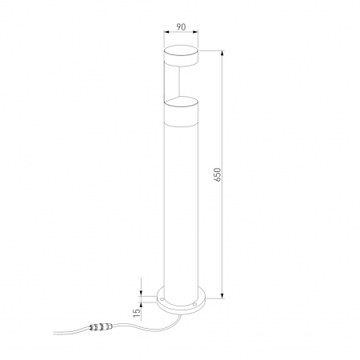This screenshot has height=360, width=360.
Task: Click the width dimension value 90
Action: coord(181,27)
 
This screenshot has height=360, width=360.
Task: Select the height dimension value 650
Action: coord(218,174)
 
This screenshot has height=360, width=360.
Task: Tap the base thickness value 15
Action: coord(137,313)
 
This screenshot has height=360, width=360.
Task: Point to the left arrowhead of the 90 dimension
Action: coord(166,32)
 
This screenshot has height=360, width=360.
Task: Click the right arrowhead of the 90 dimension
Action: coord(195,32)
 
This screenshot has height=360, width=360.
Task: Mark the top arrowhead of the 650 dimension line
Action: coord(222,53)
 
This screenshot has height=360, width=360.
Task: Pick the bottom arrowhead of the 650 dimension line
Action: coord(222,295)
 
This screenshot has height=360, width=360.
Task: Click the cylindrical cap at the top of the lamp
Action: coord(181,56)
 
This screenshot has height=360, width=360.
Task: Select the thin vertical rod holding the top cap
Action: coord(179,82)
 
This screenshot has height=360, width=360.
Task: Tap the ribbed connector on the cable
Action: coord(101,327)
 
